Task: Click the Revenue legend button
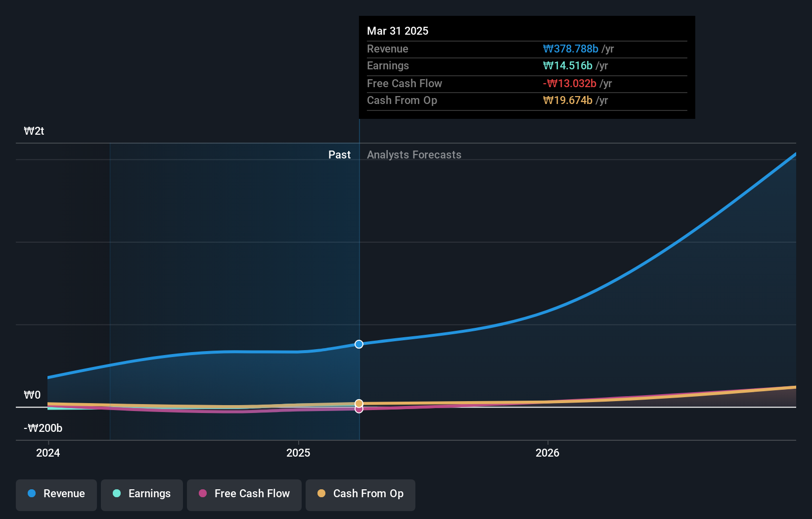(56, 494)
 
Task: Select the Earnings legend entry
(142, 494)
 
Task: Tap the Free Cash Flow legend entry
(244, 494)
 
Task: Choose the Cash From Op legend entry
(361, 494)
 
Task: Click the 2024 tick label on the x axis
(48, 453)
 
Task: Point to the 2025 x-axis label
(298, 453)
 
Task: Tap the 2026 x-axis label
(547, 453)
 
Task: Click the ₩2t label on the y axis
(34, 131)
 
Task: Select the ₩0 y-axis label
(32, 395)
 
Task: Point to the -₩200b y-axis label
(43, 428)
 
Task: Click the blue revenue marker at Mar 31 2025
(359, 344)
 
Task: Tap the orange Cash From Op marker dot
(359, 404)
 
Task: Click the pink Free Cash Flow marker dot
(359, 410)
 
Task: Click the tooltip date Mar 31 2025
(398, 31)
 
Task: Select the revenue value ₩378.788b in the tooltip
(571, 49)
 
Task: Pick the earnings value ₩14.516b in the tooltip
(568, 66)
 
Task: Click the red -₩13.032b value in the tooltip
(570, 84)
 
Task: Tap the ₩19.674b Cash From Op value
(568, 101)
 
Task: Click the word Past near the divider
(339, 155)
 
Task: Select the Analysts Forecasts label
(414, 155)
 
